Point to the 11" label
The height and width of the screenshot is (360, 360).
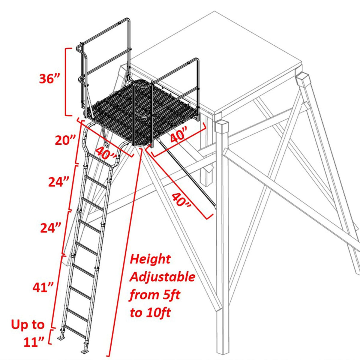pos(34,342)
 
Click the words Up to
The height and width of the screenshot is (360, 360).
pos(28,325)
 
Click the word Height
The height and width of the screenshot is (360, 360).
pos(150,259)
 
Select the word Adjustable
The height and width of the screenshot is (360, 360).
pos(162,277)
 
